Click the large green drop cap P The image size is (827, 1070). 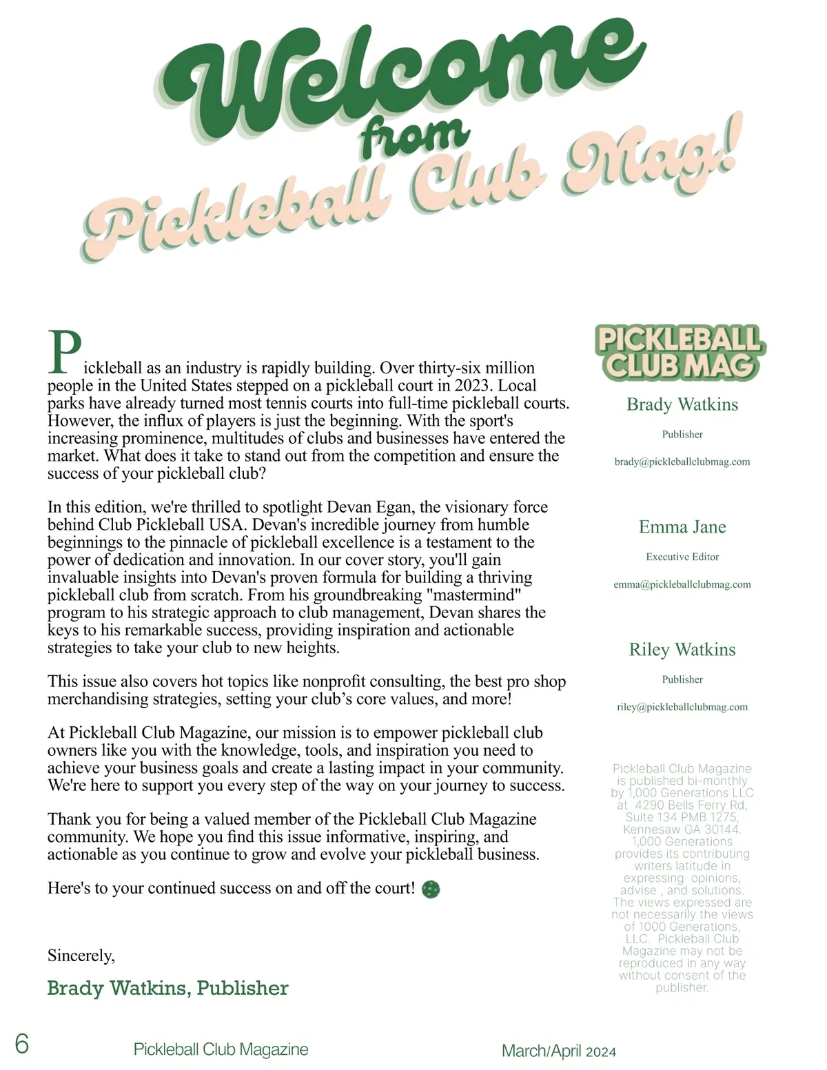click(x=64, y=353)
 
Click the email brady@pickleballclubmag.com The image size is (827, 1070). click(x=682, y=462)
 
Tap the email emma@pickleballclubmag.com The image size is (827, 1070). click(x=682, y=584)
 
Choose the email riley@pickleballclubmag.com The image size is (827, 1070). click(x=682, y=707)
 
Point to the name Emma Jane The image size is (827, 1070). click(x=682, y=527)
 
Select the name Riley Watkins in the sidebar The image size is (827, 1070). click(x=682, y=650)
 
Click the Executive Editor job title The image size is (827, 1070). click(x=682, y=557)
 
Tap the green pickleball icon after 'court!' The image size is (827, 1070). click(x=431, y=889)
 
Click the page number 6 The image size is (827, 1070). click(x=22, y=1045)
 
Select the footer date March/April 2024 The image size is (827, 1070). click(x=559, y=1051)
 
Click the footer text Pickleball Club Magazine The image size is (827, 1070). click(x=221, y=1049)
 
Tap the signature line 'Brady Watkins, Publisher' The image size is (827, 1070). click(x=167, y=988)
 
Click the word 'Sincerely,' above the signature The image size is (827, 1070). click(x=81, y=956)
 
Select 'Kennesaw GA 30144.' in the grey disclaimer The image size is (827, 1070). click(x=682, y=829)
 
